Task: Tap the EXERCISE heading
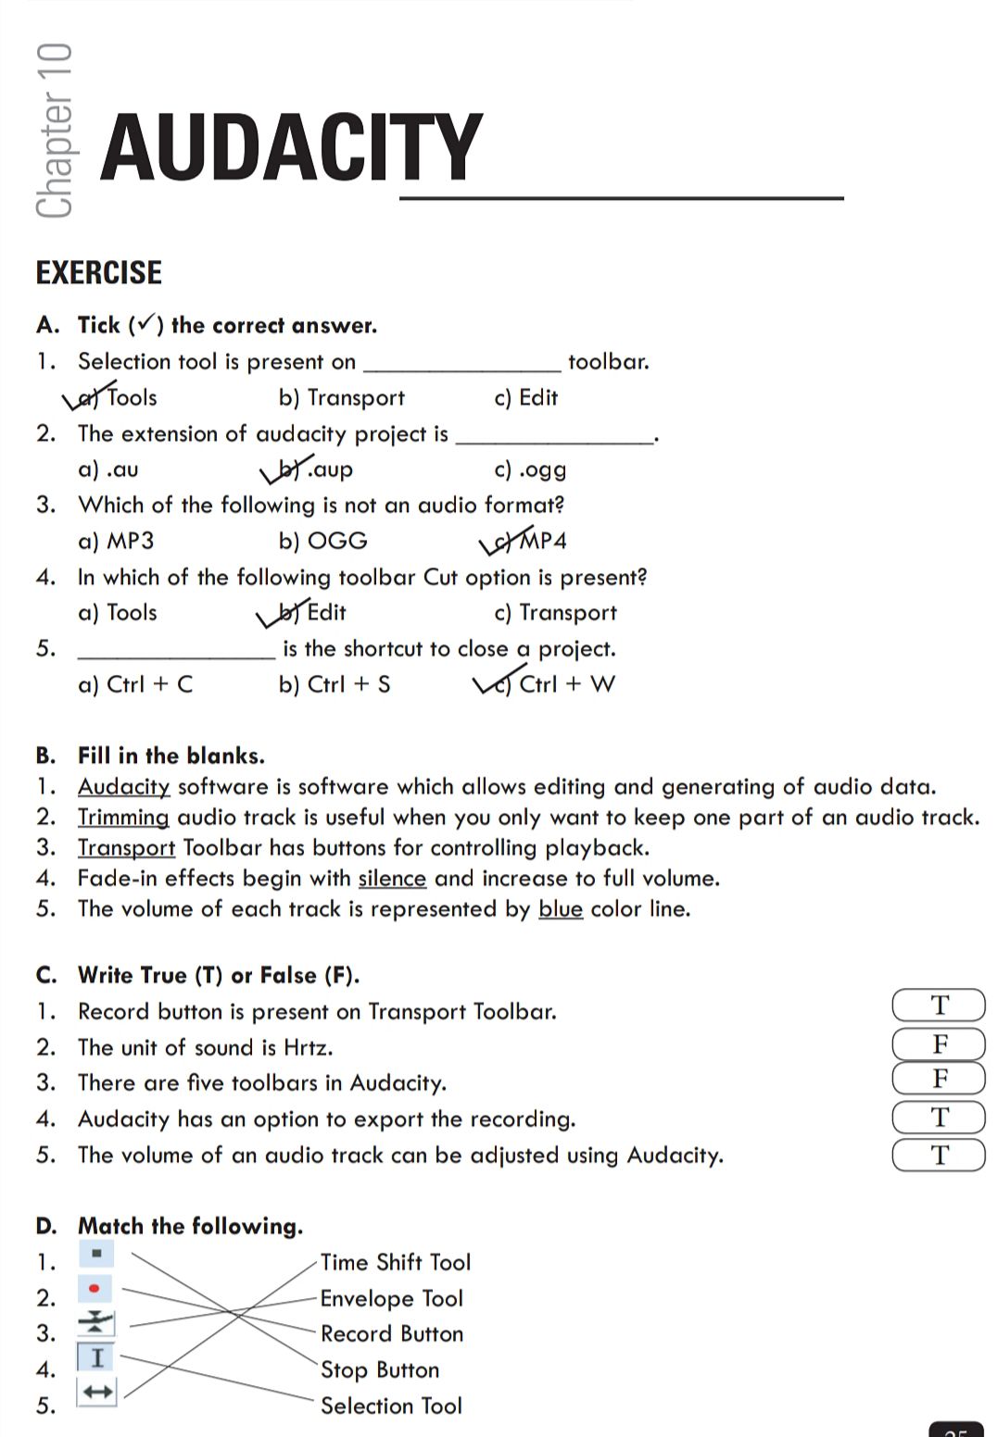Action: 98,272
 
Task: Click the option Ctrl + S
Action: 334,684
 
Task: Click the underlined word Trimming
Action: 123,818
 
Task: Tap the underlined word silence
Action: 392,878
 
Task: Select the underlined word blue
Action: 561,908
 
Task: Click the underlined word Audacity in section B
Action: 123,787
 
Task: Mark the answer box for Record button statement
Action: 939,1006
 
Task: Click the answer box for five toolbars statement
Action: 939,1079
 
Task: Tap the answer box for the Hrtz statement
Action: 939,1043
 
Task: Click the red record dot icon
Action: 95,1288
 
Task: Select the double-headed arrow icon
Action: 96,1392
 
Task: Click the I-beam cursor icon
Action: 96,1357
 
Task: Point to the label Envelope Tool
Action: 391,1298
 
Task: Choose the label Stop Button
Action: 380,1369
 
